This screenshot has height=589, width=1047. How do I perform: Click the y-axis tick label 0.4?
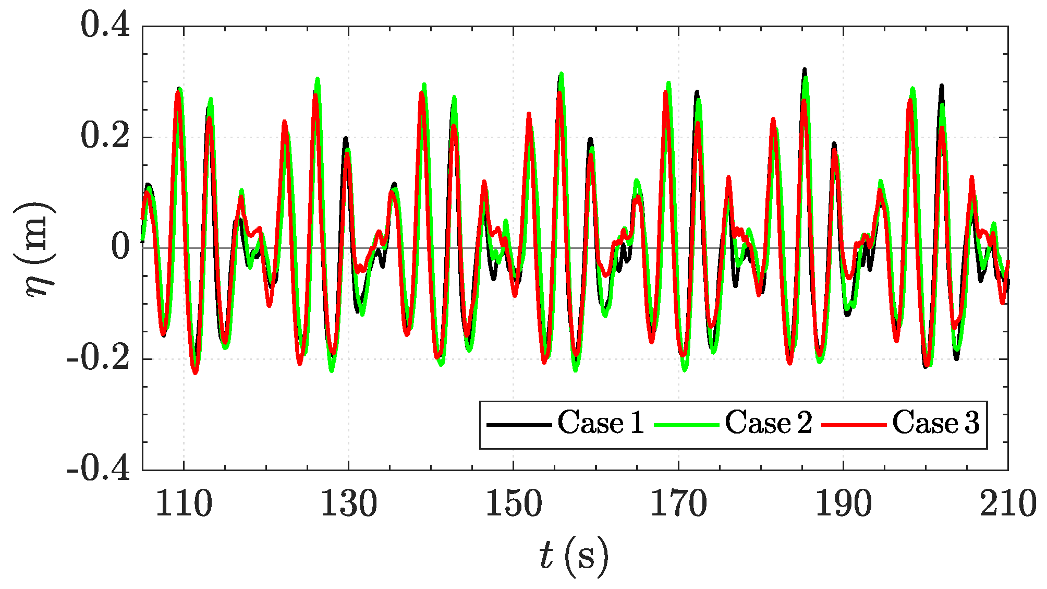coord(105,25)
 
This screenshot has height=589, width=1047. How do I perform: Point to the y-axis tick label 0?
coord(120,247)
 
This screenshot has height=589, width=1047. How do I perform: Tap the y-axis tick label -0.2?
coord(98,358)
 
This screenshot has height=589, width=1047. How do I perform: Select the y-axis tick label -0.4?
coord(98,469)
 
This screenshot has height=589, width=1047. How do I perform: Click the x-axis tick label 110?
coord(184,504)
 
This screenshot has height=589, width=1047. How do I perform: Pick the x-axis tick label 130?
coord(348,504)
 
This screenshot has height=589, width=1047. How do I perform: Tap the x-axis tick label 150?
coord(514,504)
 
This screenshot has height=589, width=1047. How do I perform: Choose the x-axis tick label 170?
coord(678,504)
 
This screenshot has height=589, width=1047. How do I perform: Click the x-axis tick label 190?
coord(843,504)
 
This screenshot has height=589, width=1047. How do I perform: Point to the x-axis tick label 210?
coord(1007,504)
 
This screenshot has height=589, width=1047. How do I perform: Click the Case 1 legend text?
coord(601,423)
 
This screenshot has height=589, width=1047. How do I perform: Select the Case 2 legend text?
coord(768,423)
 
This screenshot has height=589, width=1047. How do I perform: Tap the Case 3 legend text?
coord(935,423)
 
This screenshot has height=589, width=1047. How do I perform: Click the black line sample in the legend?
coord(519,425)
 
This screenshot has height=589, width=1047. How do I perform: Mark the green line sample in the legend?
coord(686,425)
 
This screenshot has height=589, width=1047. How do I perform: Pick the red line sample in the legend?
coord(854,425)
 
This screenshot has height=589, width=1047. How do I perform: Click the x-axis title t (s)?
coord(574,556)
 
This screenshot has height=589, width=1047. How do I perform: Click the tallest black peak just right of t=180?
coord(804,70)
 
